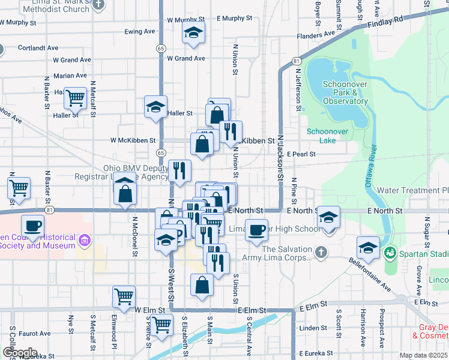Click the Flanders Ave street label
316,35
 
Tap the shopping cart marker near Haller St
76,98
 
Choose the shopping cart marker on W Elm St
124,296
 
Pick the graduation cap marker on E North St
328,217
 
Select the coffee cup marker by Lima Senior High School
257,230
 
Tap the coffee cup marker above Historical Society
32,226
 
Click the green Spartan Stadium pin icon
391,254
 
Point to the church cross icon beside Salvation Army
321,251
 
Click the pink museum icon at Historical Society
84,241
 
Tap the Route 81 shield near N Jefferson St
297,61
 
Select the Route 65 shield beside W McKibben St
160,144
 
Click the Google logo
19,353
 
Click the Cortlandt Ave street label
38,47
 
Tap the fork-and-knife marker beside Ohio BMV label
179,171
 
